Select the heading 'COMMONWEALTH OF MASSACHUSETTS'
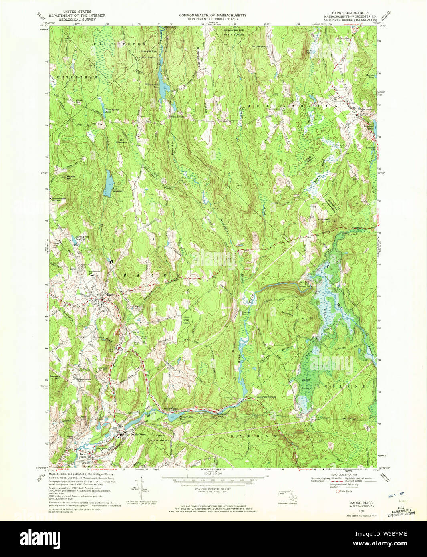coord(213,15)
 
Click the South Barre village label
coord(137,434)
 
